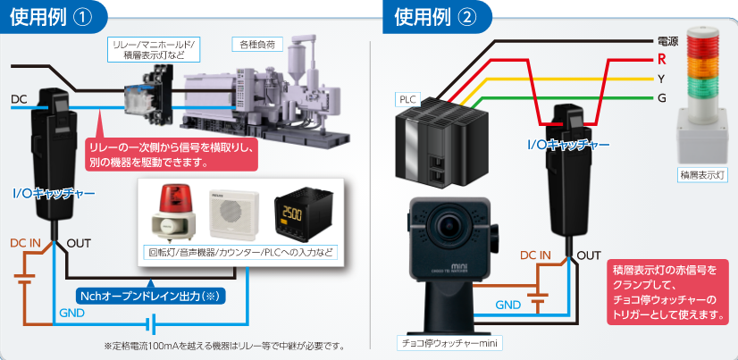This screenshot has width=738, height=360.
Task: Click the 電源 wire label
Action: point(667,41)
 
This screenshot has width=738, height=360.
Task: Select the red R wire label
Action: point(661,60)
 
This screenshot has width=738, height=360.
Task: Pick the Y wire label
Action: point(661,79)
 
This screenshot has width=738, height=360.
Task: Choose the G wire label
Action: point(661,97)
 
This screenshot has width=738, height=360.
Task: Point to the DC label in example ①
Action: point(20,98)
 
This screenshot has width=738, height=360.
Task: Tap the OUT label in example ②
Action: point(589,255)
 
